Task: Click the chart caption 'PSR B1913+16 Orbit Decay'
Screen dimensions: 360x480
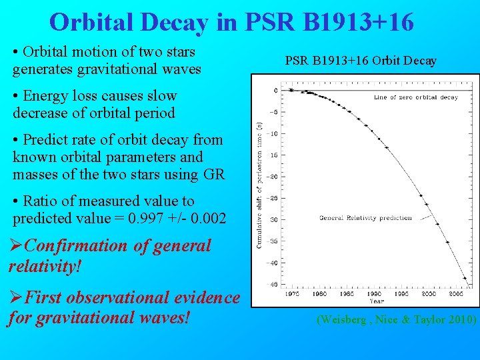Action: click(x=361, y=61)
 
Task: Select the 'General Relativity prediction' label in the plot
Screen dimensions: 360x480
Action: click(x=365, y=218)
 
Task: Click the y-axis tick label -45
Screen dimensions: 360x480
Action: click(x=273, y=283)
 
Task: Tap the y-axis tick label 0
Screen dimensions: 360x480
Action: click(x=275, y=90)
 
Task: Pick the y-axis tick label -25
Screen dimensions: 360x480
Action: click(x=273, y=198)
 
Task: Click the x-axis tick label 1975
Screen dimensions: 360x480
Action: click(x=291, y=293)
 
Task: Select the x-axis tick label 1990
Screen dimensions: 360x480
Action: click(x=374, y=293)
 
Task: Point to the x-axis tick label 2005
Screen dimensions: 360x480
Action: click(x=456, y=293)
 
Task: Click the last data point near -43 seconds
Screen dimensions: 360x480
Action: click(x=465, y=277)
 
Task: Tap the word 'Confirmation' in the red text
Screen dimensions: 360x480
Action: click(x=75, y=245)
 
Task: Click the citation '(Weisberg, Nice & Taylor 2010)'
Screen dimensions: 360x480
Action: click(x=396, y=320)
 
